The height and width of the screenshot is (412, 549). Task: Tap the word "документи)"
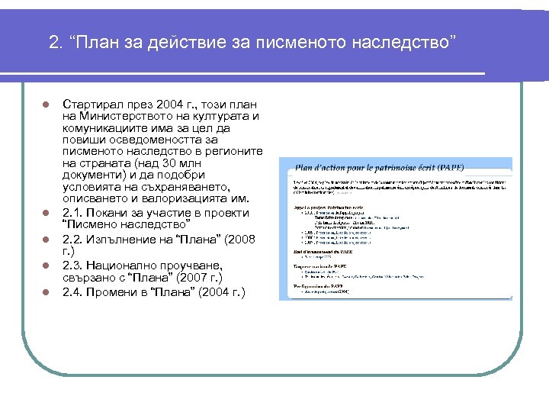coord(95,175)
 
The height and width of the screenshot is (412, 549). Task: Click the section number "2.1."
coord(74,211)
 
